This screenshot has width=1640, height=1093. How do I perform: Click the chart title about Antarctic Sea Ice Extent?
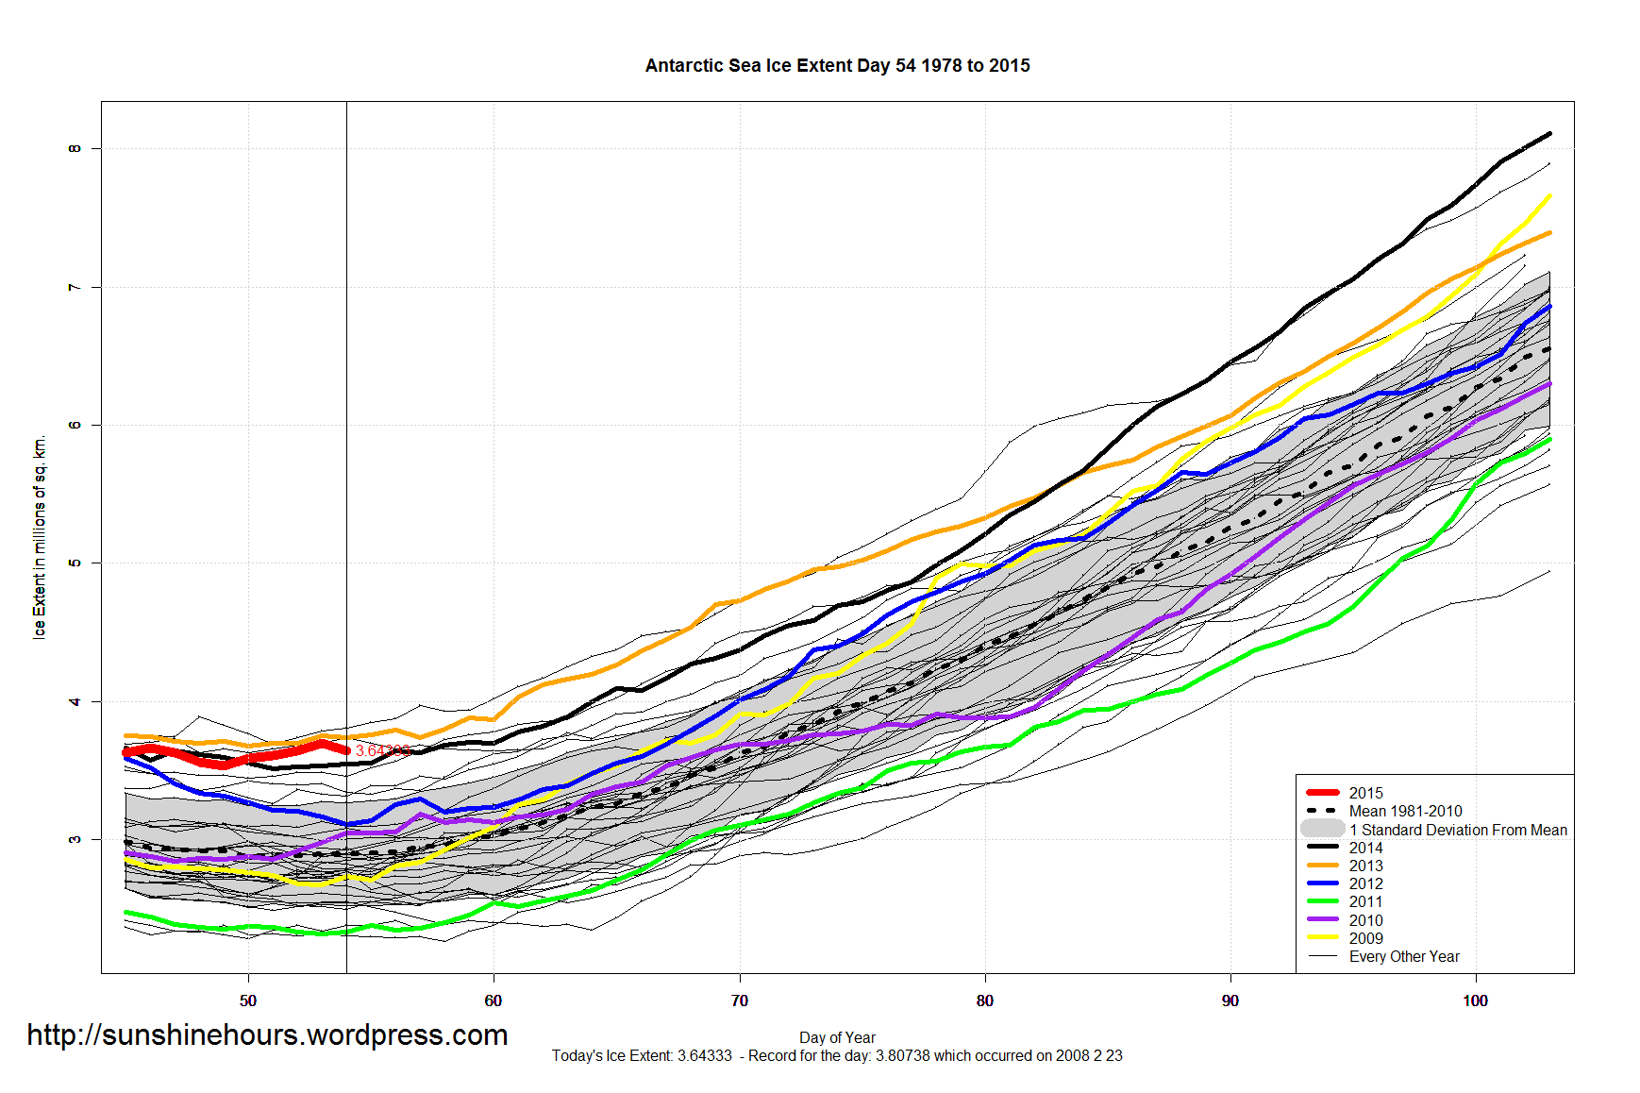click(x=837, y=65)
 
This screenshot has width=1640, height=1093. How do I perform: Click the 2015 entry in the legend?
click(x=1365, y=793)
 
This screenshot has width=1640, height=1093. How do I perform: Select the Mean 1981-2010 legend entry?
click(x=1405, y=811)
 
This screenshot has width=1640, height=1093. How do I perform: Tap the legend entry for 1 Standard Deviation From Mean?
click(x=1458, y=830)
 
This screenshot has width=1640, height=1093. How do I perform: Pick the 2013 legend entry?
click(x=1365, y=866)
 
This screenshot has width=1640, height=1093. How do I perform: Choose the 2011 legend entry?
click(x=1365, y=901)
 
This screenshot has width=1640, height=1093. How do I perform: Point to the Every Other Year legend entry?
click(x=1403, y=956)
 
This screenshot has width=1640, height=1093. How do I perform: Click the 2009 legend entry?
click(x=1365, y=938)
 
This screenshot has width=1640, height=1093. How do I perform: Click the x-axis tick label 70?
click(x=739, y=1001)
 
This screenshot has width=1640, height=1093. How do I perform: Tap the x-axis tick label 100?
click(x=1475, y=1001)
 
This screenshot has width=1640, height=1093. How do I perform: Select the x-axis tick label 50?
click(x=248, y=1001)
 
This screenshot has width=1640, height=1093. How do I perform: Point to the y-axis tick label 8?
click(x=75, y=148)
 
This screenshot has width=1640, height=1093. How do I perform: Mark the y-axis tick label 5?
click(x=75, y=563)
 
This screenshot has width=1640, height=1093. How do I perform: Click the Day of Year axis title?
click(x=837, y=1037)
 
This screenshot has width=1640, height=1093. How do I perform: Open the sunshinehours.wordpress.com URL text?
click(x=267, y=1034)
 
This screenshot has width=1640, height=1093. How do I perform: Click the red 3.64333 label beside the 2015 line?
click(x=382, y=750)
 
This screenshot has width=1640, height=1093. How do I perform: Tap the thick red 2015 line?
click(x=236, y=758)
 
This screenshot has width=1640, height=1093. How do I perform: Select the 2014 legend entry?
click(x=1365, y=848)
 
